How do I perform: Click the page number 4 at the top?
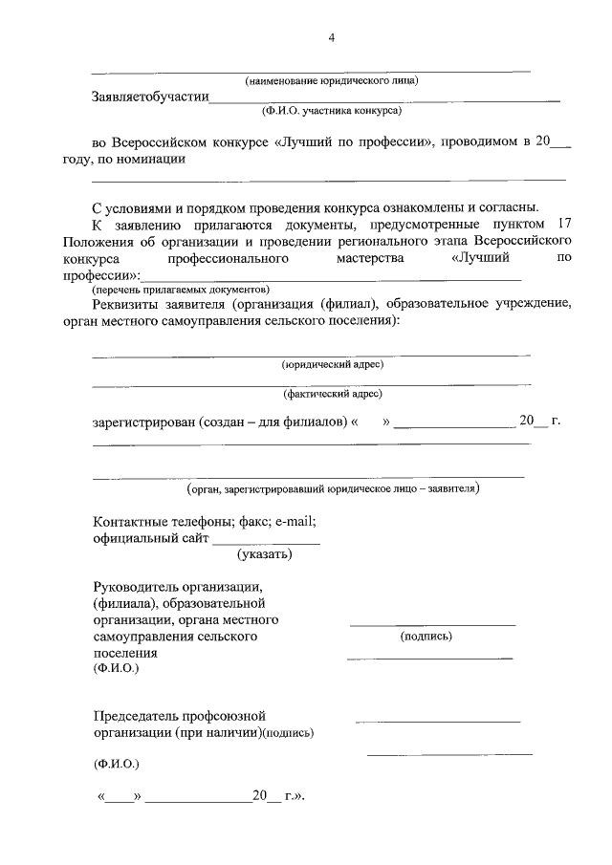(332, 37)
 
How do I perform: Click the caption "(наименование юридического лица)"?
(332, 79)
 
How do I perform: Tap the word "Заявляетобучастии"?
(149, 97)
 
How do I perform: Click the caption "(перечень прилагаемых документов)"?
(181, 290)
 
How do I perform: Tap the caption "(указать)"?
(264, 553)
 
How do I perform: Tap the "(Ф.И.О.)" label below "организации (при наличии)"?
(116, 765)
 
